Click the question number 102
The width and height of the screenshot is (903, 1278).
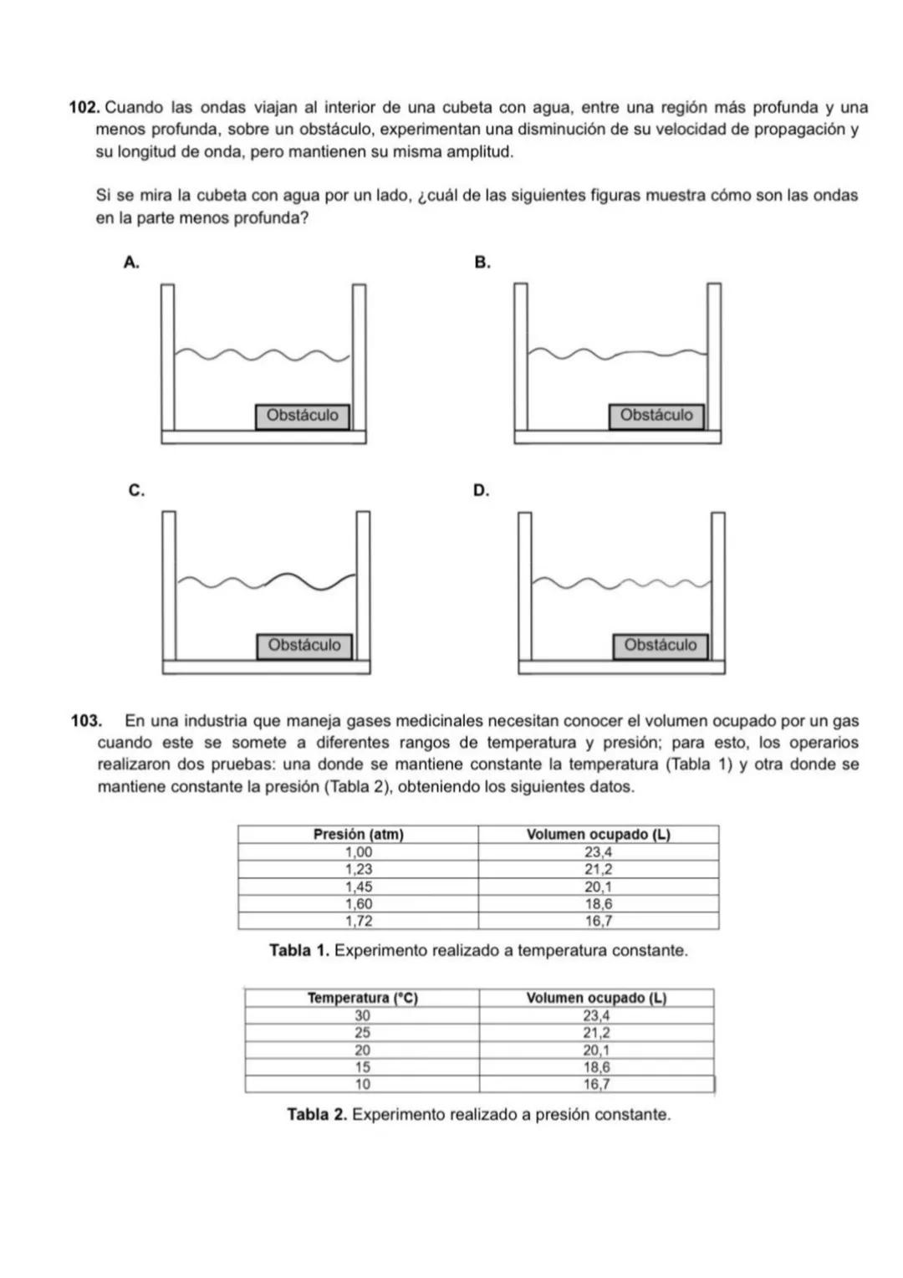tap(84, 108)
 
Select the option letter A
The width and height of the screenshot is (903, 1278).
tap(130, 263)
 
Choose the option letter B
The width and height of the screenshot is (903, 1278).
tap(482, 263)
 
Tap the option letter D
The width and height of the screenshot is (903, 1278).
tap(481, 490)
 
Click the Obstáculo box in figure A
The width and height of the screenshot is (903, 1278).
tap(303, 416)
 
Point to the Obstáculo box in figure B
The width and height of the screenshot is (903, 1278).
tap(656, 416)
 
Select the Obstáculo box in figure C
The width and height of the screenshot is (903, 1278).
tap(304, 646)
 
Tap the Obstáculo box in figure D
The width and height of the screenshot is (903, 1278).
tap(660, 646)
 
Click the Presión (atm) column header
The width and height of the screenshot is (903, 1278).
tap(358, 835)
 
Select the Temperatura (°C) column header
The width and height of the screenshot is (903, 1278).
tap(362, 998)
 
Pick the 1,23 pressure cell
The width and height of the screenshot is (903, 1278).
tap(358, 869)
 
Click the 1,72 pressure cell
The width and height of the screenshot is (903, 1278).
tap(358, 921)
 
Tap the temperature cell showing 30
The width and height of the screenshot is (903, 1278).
tap(362, 1015)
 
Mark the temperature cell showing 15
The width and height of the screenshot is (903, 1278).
tap(362, 1067)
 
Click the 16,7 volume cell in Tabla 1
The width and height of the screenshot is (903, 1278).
tap(598, 921)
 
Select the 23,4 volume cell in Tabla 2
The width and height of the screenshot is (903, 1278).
tap(596, 1015)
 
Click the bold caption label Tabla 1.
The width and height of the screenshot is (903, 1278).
tap(299, 951)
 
